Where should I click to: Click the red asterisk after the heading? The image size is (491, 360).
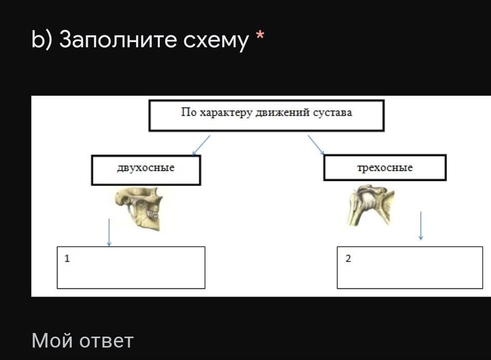point(260,35)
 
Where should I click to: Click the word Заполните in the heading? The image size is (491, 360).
point(118,39)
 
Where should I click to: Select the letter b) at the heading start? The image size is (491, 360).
point(42,39)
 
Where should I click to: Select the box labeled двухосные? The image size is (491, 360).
point(146,170)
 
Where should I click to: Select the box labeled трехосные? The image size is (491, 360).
point(385,168)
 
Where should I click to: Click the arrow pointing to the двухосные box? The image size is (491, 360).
point(201,145)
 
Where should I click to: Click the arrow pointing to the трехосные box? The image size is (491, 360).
point(316,145)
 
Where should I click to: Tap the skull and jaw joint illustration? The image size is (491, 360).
point(139,208)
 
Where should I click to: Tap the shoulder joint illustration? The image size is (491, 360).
point(371,205)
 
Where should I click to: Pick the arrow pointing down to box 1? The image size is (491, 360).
point(109,233)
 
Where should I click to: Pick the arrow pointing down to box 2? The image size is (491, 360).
point(420,226)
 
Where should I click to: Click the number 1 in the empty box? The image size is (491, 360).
point(67,259)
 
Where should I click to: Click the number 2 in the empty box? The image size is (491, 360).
point(348,259)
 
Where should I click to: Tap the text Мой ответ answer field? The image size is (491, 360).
point(83,341)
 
